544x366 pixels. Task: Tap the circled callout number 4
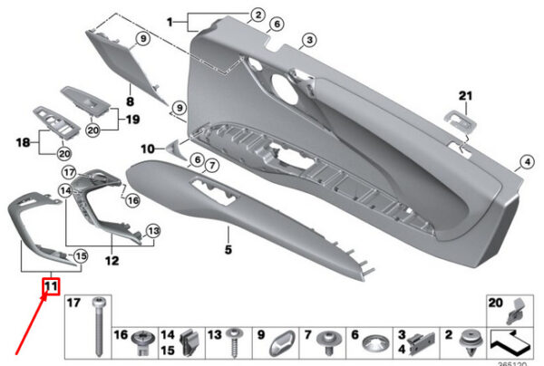point(523,163)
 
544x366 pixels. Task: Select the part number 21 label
point(465,96)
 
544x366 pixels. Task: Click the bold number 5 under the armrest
point(228,246)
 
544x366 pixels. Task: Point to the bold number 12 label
point(112,261)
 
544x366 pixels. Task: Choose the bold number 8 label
point(129,103)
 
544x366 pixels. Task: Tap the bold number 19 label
point(131,119)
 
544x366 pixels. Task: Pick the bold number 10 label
point(146,147)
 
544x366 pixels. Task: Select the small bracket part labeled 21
point(456,117)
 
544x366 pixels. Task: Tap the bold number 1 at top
point(170,18)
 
